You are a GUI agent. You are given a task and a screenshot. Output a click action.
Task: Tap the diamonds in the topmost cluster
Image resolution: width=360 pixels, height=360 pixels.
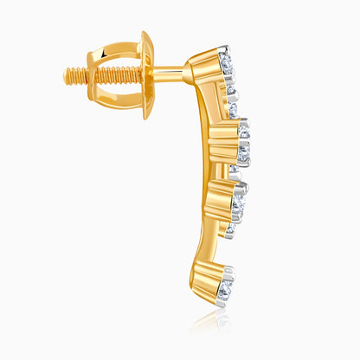coord(227,65)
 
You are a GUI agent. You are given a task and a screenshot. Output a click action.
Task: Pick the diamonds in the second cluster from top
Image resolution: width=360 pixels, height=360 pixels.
coord(245,143)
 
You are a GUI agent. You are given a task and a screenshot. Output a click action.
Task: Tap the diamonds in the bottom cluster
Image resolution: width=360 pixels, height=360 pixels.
coord(227,286)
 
